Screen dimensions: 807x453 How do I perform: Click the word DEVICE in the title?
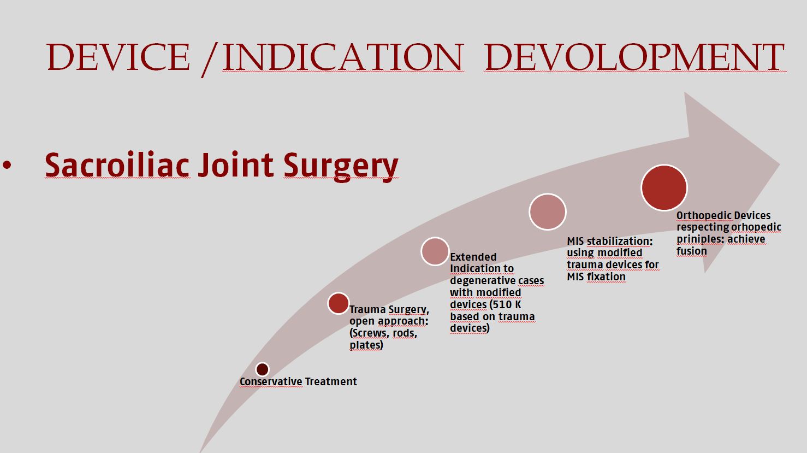pyautogui.click(x=118, y=57)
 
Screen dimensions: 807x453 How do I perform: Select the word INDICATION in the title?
pyautogui.click(x=342, y=57)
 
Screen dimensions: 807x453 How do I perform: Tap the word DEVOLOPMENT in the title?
pyautogui.click(x=635, y=57)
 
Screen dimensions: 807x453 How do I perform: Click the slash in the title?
pyautogui.click(x=210, y=60)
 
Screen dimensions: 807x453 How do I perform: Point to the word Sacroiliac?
pyautogui.click(x=117, y=165)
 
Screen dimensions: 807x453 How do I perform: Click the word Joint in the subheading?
pyautogui.click(x=236, y=165)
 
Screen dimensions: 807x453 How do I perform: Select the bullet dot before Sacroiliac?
pyautogui.click(x=7, y=165)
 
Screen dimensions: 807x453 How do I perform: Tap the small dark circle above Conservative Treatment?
pyautogui.click(x=262, y=369)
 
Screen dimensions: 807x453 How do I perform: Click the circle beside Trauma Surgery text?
pyautogui.click(x=339, y=303)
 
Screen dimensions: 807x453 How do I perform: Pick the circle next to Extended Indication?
pyautogui.click(x=435, y=251)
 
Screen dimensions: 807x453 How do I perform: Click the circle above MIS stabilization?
pyautogui.click(x=548, y=211)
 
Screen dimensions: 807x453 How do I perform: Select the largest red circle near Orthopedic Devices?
pyautogui.click(x=664, y=187)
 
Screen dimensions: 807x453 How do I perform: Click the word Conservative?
pyautogui.click(x=271, y=381)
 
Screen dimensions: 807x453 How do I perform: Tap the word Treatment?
pyautogui.click(x=331, y=381)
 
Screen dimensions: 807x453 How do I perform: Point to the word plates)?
pyautogui.click(x=366, y=345)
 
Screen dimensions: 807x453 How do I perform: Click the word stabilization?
pyautogui.click(x=620, y=241)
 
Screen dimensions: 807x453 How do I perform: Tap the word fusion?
pyautogui.click(x=692, y=251)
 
